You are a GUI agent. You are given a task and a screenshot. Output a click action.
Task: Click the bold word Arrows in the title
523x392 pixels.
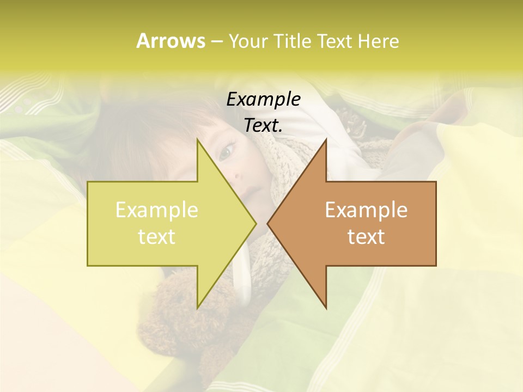point(170,41)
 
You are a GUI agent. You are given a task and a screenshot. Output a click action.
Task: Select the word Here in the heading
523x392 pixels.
point(378,41)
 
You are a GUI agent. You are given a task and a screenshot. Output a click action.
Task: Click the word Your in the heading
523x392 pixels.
point(248,41)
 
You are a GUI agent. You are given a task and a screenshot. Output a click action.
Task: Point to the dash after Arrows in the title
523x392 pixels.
point(216,41)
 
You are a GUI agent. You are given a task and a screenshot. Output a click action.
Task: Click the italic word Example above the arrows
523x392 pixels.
point(264,100)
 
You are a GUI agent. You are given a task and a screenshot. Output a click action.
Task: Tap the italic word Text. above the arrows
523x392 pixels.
point(264,126)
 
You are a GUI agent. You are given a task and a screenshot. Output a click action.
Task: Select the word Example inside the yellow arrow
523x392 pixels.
point(157,210)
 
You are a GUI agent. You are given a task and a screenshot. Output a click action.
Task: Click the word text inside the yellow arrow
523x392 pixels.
point(157,237)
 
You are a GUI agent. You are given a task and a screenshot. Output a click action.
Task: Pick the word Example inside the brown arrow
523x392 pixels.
point(366,210)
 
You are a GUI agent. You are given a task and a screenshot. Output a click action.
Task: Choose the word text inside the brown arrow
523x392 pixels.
point(366,237)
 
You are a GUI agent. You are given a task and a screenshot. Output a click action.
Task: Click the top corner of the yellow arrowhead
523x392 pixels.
point(198,140)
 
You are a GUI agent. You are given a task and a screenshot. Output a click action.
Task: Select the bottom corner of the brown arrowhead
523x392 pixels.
point(326,308)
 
